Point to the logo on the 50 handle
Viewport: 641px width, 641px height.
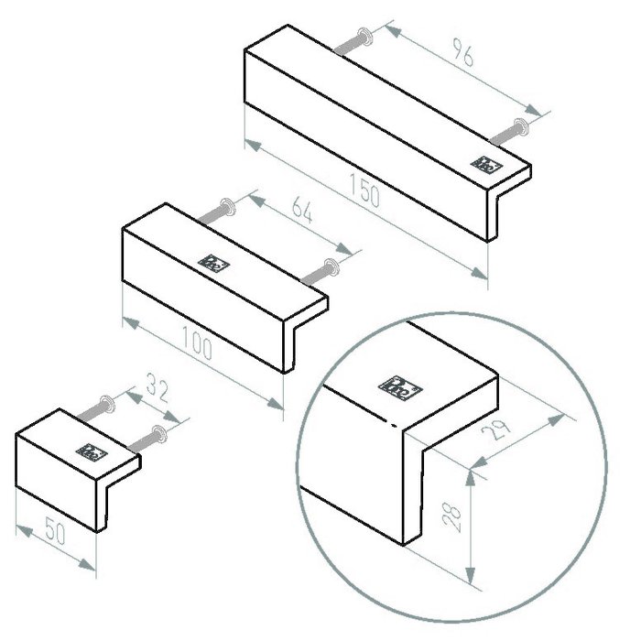92,451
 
